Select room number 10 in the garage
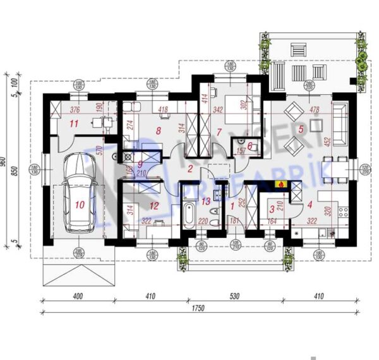[x=79, y=204]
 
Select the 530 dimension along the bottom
[x=231, y=295]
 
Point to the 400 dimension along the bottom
[x=78, y=295]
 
